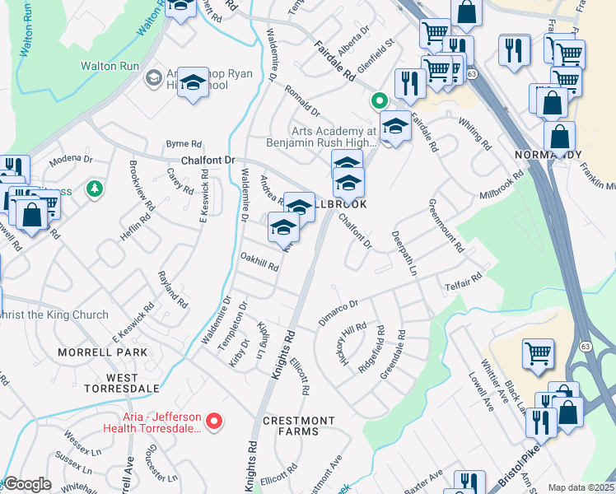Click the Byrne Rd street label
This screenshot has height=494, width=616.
pos(184,142)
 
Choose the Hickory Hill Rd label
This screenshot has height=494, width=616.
pos(352,344)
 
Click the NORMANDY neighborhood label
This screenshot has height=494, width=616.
pos(559,155)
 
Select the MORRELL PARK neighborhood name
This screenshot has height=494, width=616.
pos(102,352)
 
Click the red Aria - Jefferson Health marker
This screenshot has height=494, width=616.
pos(215,422)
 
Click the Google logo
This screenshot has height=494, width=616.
pos(27,483)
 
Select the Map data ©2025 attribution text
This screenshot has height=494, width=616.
pos(580,487)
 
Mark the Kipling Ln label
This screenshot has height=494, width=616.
pos(263,340)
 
